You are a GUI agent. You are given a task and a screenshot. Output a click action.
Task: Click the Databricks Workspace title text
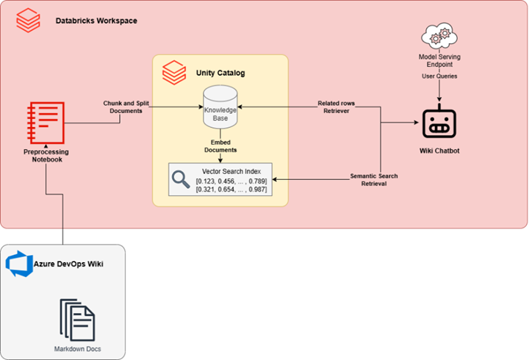(x=96, y=21)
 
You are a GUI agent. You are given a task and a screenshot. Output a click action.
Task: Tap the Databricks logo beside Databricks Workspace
(x=29, y=21)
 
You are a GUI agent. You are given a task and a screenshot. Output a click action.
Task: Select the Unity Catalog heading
(x=220, y=73)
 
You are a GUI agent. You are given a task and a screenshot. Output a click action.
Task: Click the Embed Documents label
(x=220, y=145)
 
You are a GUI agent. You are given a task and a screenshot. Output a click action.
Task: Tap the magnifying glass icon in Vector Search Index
(x=181, y=179)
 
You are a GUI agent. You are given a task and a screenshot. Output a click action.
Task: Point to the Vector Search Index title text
(x=231, y=171)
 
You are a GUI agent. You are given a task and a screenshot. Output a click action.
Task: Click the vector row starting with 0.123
(x=231, y=181)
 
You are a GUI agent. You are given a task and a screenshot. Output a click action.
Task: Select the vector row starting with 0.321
(x=231, y=190)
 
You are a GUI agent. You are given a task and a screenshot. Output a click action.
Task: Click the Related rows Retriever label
(x=337, y=107)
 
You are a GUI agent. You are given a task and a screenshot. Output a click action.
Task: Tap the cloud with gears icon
(x=439, y=37)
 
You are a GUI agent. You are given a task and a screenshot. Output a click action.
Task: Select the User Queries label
(x=439, y=76)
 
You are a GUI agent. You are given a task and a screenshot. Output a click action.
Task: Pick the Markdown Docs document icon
(x=77, y=318)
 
